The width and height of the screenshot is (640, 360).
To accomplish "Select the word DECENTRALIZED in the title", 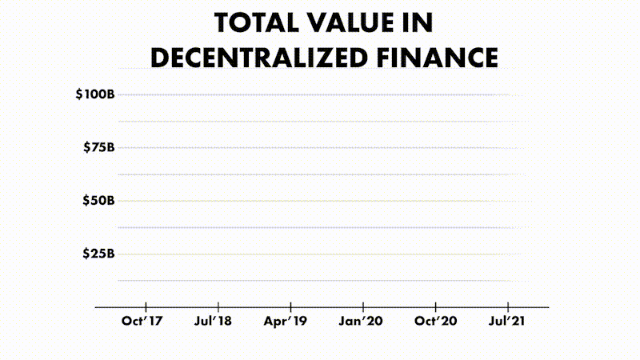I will coord(267,58).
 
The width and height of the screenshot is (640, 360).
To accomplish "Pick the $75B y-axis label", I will coord(99,147).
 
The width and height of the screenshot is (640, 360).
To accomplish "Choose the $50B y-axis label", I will coord(99,201).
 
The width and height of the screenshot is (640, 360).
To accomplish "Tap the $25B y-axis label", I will coord(99,254).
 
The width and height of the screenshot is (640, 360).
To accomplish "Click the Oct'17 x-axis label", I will coord(142,322).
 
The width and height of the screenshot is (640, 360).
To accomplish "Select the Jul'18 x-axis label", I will coord(214,322).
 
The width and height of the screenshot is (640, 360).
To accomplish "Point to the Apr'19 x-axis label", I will coord(286,322).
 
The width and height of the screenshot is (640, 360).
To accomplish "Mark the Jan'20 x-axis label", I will coord(362,322).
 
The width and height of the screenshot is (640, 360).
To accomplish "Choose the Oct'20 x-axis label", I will coord(434,322).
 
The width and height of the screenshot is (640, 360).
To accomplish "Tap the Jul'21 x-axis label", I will coord(506,322).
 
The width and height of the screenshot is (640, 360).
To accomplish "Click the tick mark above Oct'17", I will coord(146,306).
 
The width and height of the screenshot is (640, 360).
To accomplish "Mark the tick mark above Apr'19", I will coord(290,306).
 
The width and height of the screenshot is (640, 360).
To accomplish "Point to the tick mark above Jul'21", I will coord(507,306).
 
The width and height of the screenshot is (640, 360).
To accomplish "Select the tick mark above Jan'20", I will coord(363,306).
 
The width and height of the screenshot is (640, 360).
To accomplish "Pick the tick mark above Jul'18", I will coord(218,306).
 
